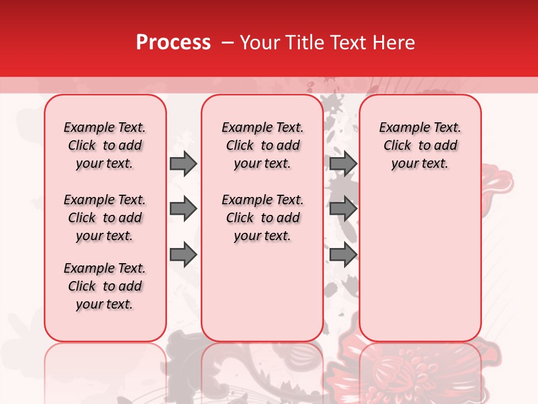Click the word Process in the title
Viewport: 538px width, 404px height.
click(x=173, y=42)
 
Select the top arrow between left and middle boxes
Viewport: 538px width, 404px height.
click(x=183, y=164)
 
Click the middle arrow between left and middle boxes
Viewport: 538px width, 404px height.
click(x=183, y=209)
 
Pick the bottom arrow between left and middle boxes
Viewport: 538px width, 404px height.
click(x=183, y=255)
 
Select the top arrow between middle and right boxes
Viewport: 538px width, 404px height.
click(x=343, y=164)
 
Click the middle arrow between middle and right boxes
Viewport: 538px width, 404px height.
click(x=343, y=209)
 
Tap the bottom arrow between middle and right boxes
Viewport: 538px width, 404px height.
click(x=343, y=255)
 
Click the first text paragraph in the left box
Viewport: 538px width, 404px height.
click(x=105, y=145)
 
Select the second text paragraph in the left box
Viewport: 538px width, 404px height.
click(x=105, y=218)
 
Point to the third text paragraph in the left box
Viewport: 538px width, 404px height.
click(x=105, y=286)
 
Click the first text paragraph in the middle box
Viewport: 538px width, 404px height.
click(x=263, y=145)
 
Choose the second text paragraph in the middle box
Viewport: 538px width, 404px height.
click(x=263, y=218)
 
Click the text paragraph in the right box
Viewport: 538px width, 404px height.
click(x=420, y=145)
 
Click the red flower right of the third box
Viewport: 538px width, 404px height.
click(x=499, y=180)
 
